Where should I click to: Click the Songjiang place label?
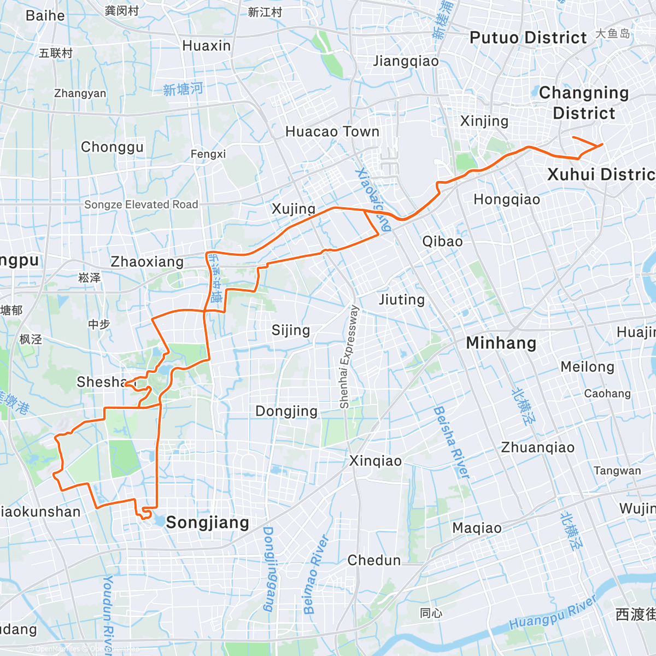(x=207, y=523)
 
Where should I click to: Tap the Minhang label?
(x=501, y=343)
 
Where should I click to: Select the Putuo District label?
(x=528, y=38)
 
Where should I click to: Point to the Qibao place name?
(x=442, y=241)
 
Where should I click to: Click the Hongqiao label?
(x=507, y=200)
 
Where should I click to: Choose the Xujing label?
(x=294, y=209)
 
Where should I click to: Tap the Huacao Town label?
(x=332, y=132)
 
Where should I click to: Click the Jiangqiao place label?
(x=406, y=61)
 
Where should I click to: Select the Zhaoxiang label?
(x=147, y=262)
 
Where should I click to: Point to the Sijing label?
(x=291, y=330)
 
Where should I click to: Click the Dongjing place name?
(x=286, y=411)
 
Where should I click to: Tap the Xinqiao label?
(x=376, y=461)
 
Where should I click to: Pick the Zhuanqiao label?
(x=538, y=448)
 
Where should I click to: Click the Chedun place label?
(x=374, y=560)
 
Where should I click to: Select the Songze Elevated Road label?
(x=141, y=204)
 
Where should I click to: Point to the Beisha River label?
(x=452, y=442)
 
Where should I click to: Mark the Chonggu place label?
(x=112, y=147)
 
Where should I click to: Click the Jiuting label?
(x=402, y=300)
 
